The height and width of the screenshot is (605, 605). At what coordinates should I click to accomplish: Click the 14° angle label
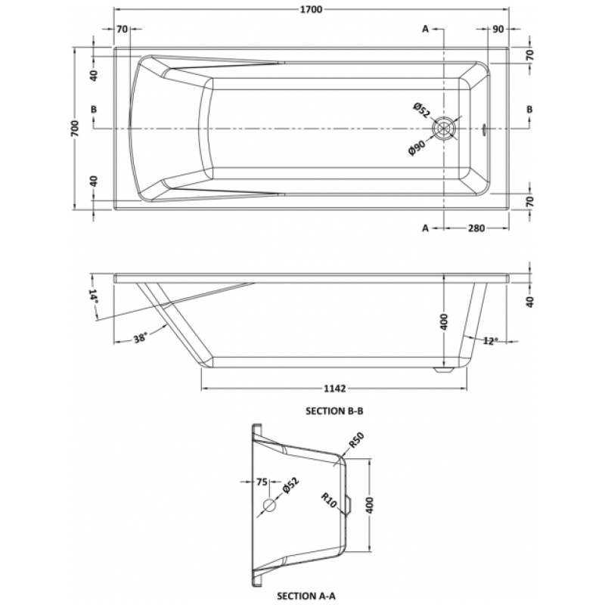click(x=93, y=296)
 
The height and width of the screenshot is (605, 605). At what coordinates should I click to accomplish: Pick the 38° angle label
click(x=140, y=338)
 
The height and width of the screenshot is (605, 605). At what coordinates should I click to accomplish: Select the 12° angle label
click(x=490, y=341)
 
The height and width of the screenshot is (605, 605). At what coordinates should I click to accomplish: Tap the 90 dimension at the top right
click(x=498, y=29)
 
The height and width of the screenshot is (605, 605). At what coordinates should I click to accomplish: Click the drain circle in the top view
click(x=444, y=129)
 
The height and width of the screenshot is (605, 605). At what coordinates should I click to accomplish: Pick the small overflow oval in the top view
click(x=484, y=129)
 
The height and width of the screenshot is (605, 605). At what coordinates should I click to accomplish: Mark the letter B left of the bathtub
click(x=94, y=110)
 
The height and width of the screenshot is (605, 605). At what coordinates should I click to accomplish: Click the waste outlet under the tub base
click(x=442, y=369)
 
